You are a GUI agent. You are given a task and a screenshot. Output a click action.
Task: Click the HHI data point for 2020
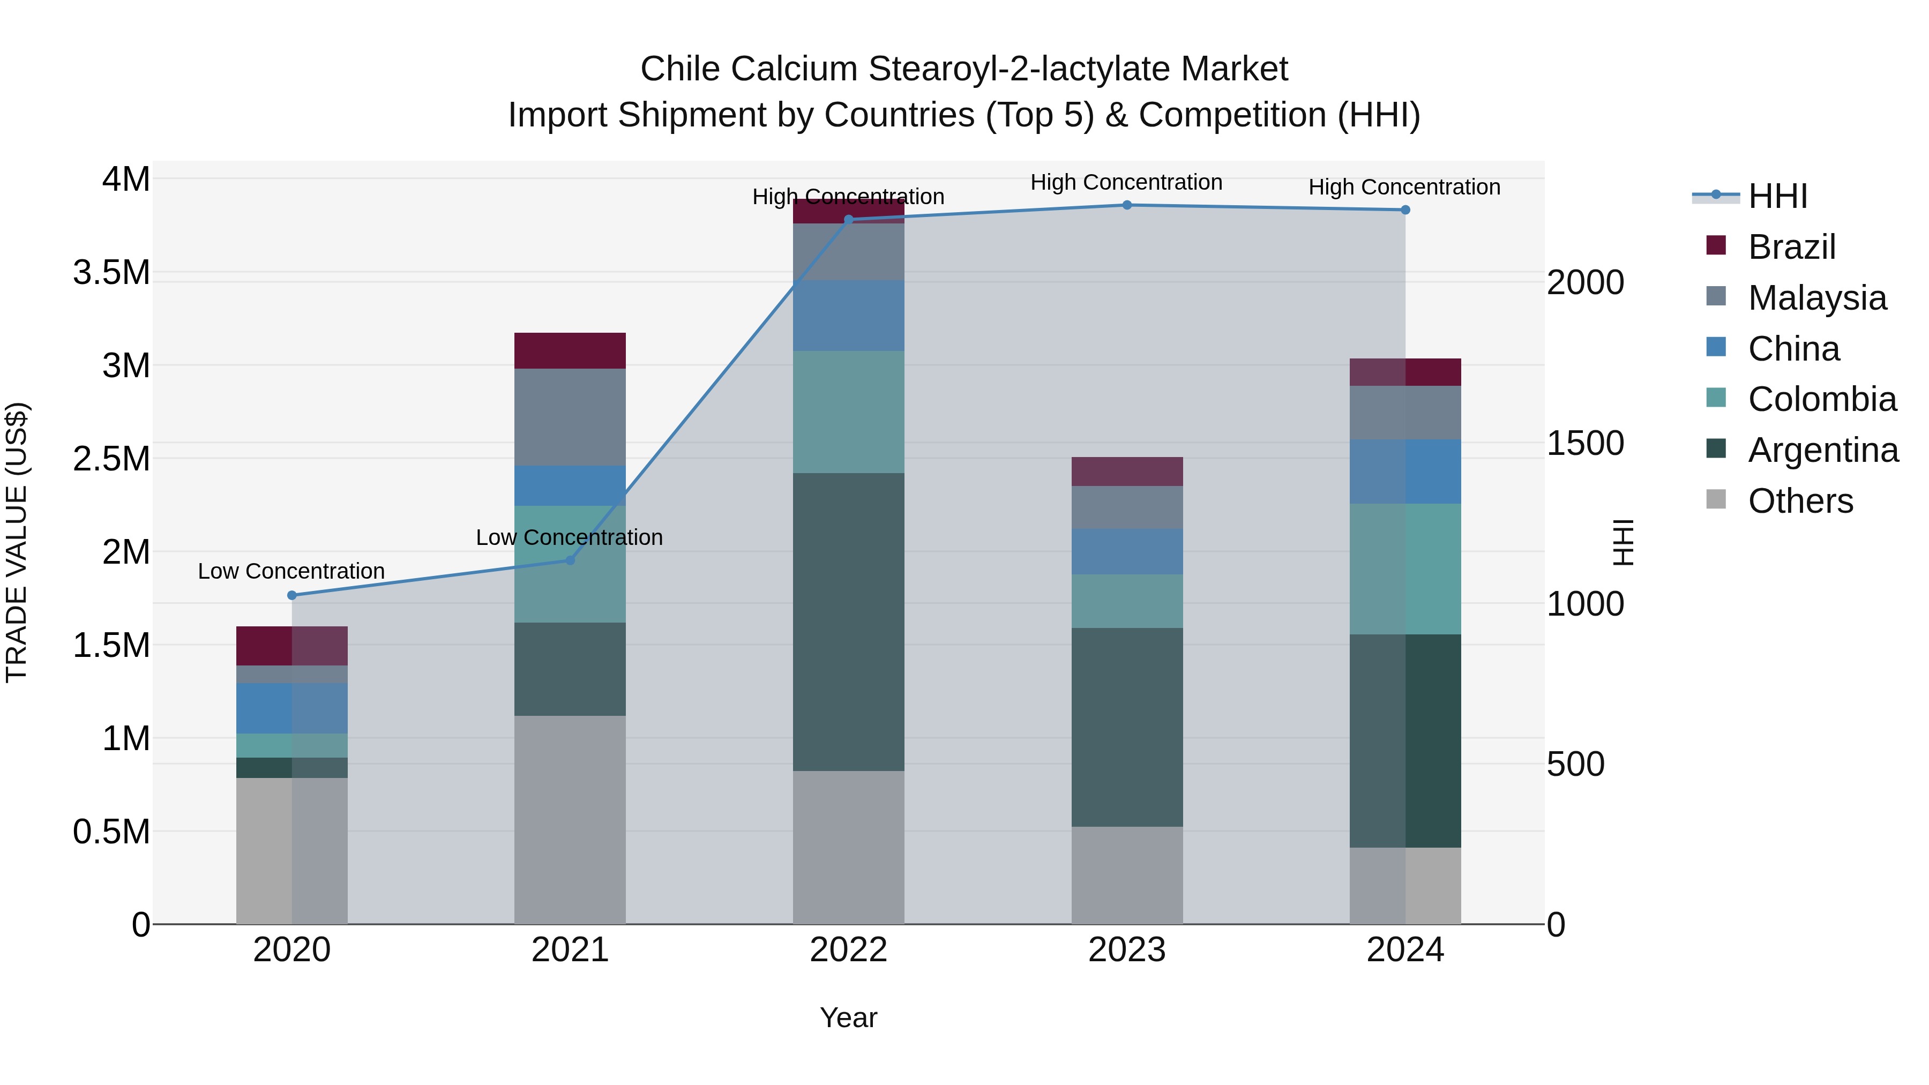pos(292,595)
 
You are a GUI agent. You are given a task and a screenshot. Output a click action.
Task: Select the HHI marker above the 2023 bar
pos(1127,205)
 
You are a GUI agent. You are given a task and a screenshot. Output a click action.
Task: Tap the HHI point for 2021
pos(570,560)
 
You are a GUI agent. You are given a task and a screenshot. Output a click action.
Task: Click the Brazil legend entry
pos(1791,247)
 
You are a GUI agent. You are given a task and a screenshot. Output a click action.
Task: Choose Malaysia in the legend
pos(1816,298)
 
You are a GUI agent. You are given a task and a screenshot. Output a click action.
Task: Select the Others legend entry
pos(1800,501)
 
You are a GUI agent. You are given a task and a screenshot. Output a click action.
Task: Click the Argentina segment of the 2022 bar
pos(848,622)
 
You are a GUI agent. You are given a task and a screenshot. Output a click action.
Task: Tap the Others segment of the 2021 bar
pos(570,819)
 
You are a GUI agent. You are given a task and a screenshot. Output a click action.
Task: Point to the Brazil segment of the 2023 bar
pos(1127,472)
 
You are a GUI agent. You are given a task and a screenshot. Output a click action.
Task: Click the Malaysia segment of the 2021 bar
pos(570,417)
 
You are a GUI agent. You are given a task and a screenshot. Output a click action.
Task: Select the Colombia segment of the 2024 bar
pos(1405,569)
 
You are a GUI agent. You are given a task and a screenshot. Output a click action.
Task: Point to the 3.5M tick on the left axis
pos(111,273)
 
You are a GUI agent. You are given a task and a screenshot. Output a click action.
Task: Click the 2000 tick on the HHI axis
pos(1586,283)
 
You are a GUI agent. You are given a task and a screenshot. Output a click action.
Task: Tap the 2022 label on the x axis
pos(848,950)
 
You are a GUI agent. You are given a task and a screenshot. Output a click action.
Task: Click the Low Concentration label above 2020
pos(291,571)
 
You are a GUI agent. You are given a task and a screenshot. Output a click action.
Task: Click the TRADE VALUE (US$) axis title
pos(17,542)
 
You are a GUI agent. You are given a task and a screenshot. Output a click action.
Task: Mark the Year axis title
pos(848,1017)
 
